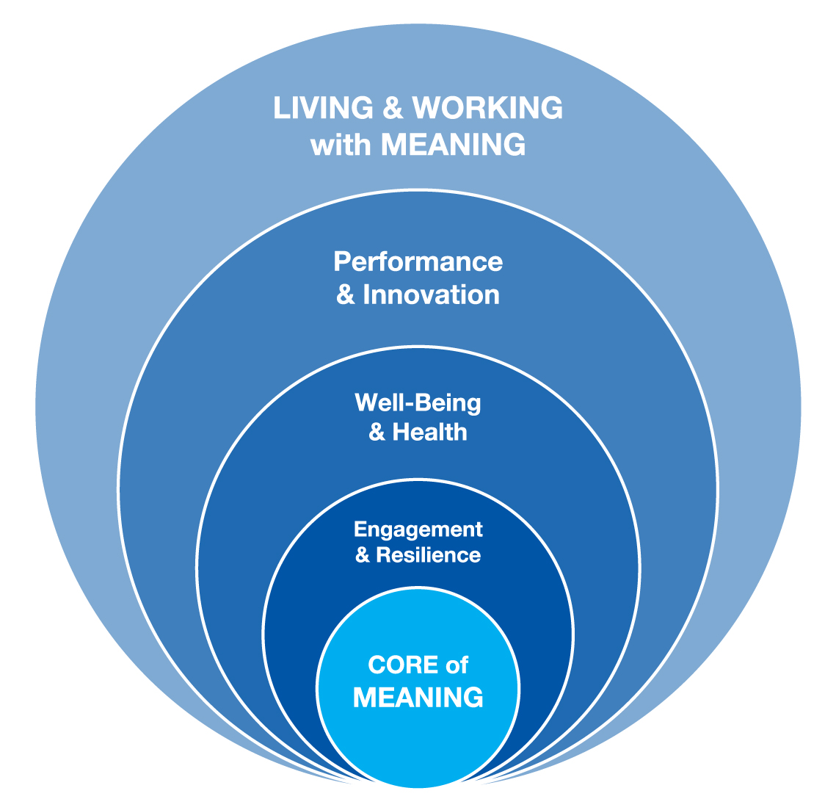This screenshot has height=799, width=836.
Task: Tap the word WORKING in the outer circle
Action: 487,109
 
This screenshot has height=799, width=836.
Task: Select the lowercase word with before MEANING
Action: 341,145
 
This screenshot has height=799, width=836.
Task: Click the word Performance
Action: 418,261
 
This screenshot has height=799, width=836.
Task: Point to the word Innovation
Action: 432,295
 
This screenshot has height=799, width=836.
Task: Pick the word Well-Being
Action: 418,402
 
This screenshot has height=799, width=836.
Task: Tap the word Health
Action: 430,432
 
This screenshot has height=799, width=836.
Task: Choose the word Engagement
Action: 418,529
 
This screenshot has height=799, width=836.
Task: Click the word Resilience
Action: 429,554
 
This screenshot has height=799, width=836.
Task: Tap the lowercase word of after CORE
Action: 457,665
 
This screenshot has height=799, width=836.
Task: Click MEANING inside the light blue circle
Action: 418,697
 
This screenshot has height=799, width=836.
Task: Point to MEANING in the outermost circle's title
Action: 453,145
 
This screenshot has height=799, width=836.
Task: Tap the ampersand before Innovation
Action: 345,295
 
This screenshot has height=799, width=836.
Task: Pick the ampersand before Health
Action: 377,432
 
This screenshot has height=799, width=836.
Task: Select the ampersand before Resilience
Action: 363,554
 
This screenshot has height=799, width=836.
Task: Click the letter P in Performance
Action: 341,261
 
